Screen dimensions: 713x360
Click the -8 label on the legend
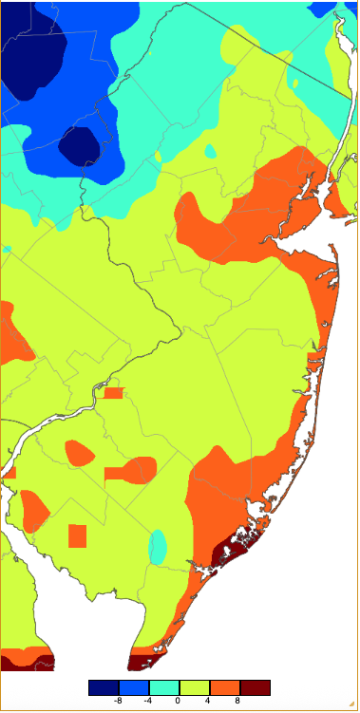[118, 701]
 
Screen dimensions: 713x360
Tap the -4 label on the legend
[148, 701]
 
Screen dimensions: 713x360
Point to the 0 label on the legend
[180, 701]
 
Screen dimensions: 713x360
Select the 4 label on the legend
[209, 701]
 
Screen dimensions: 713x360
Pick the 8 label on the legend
[239, 701]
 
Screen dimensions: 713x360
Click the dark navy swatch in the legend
[104, 687]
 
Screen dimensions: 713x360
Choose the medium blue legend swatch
[134, 687]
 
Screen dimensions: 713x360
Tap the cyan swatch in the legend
[164, 687]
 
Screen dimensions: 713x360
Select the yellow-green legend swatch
[195, 687]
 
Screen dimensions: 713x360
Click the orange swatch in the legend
[225, 687]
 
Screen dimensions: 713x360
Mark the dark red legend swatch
[256, 687]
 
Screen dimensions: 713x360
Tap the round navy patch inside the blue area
[79, 146]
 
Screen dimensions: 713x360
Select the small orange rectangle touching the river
[114, 393]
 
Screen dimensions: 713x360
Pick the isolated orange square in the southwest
[78, 536]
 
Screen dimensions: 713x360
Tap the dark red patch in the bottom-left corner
[26, 662]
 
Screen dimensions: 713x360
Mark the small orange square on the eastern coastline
[315, 358]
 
